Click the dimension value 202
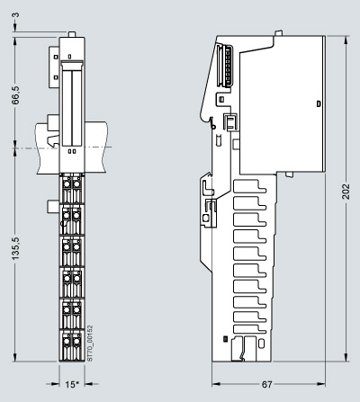coord(346,192)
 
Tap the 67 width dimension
coord(266,384)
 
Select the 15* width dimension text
coord(72,384)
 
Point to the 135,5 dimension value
coord(15,248)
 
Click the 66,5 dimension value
coord(15,95)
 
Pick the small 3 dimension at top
coord(16,14)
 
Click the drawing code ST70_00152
coord(90,344)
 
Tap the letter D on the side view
coord(319,104)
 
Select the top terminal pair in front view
coord(72,188)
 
